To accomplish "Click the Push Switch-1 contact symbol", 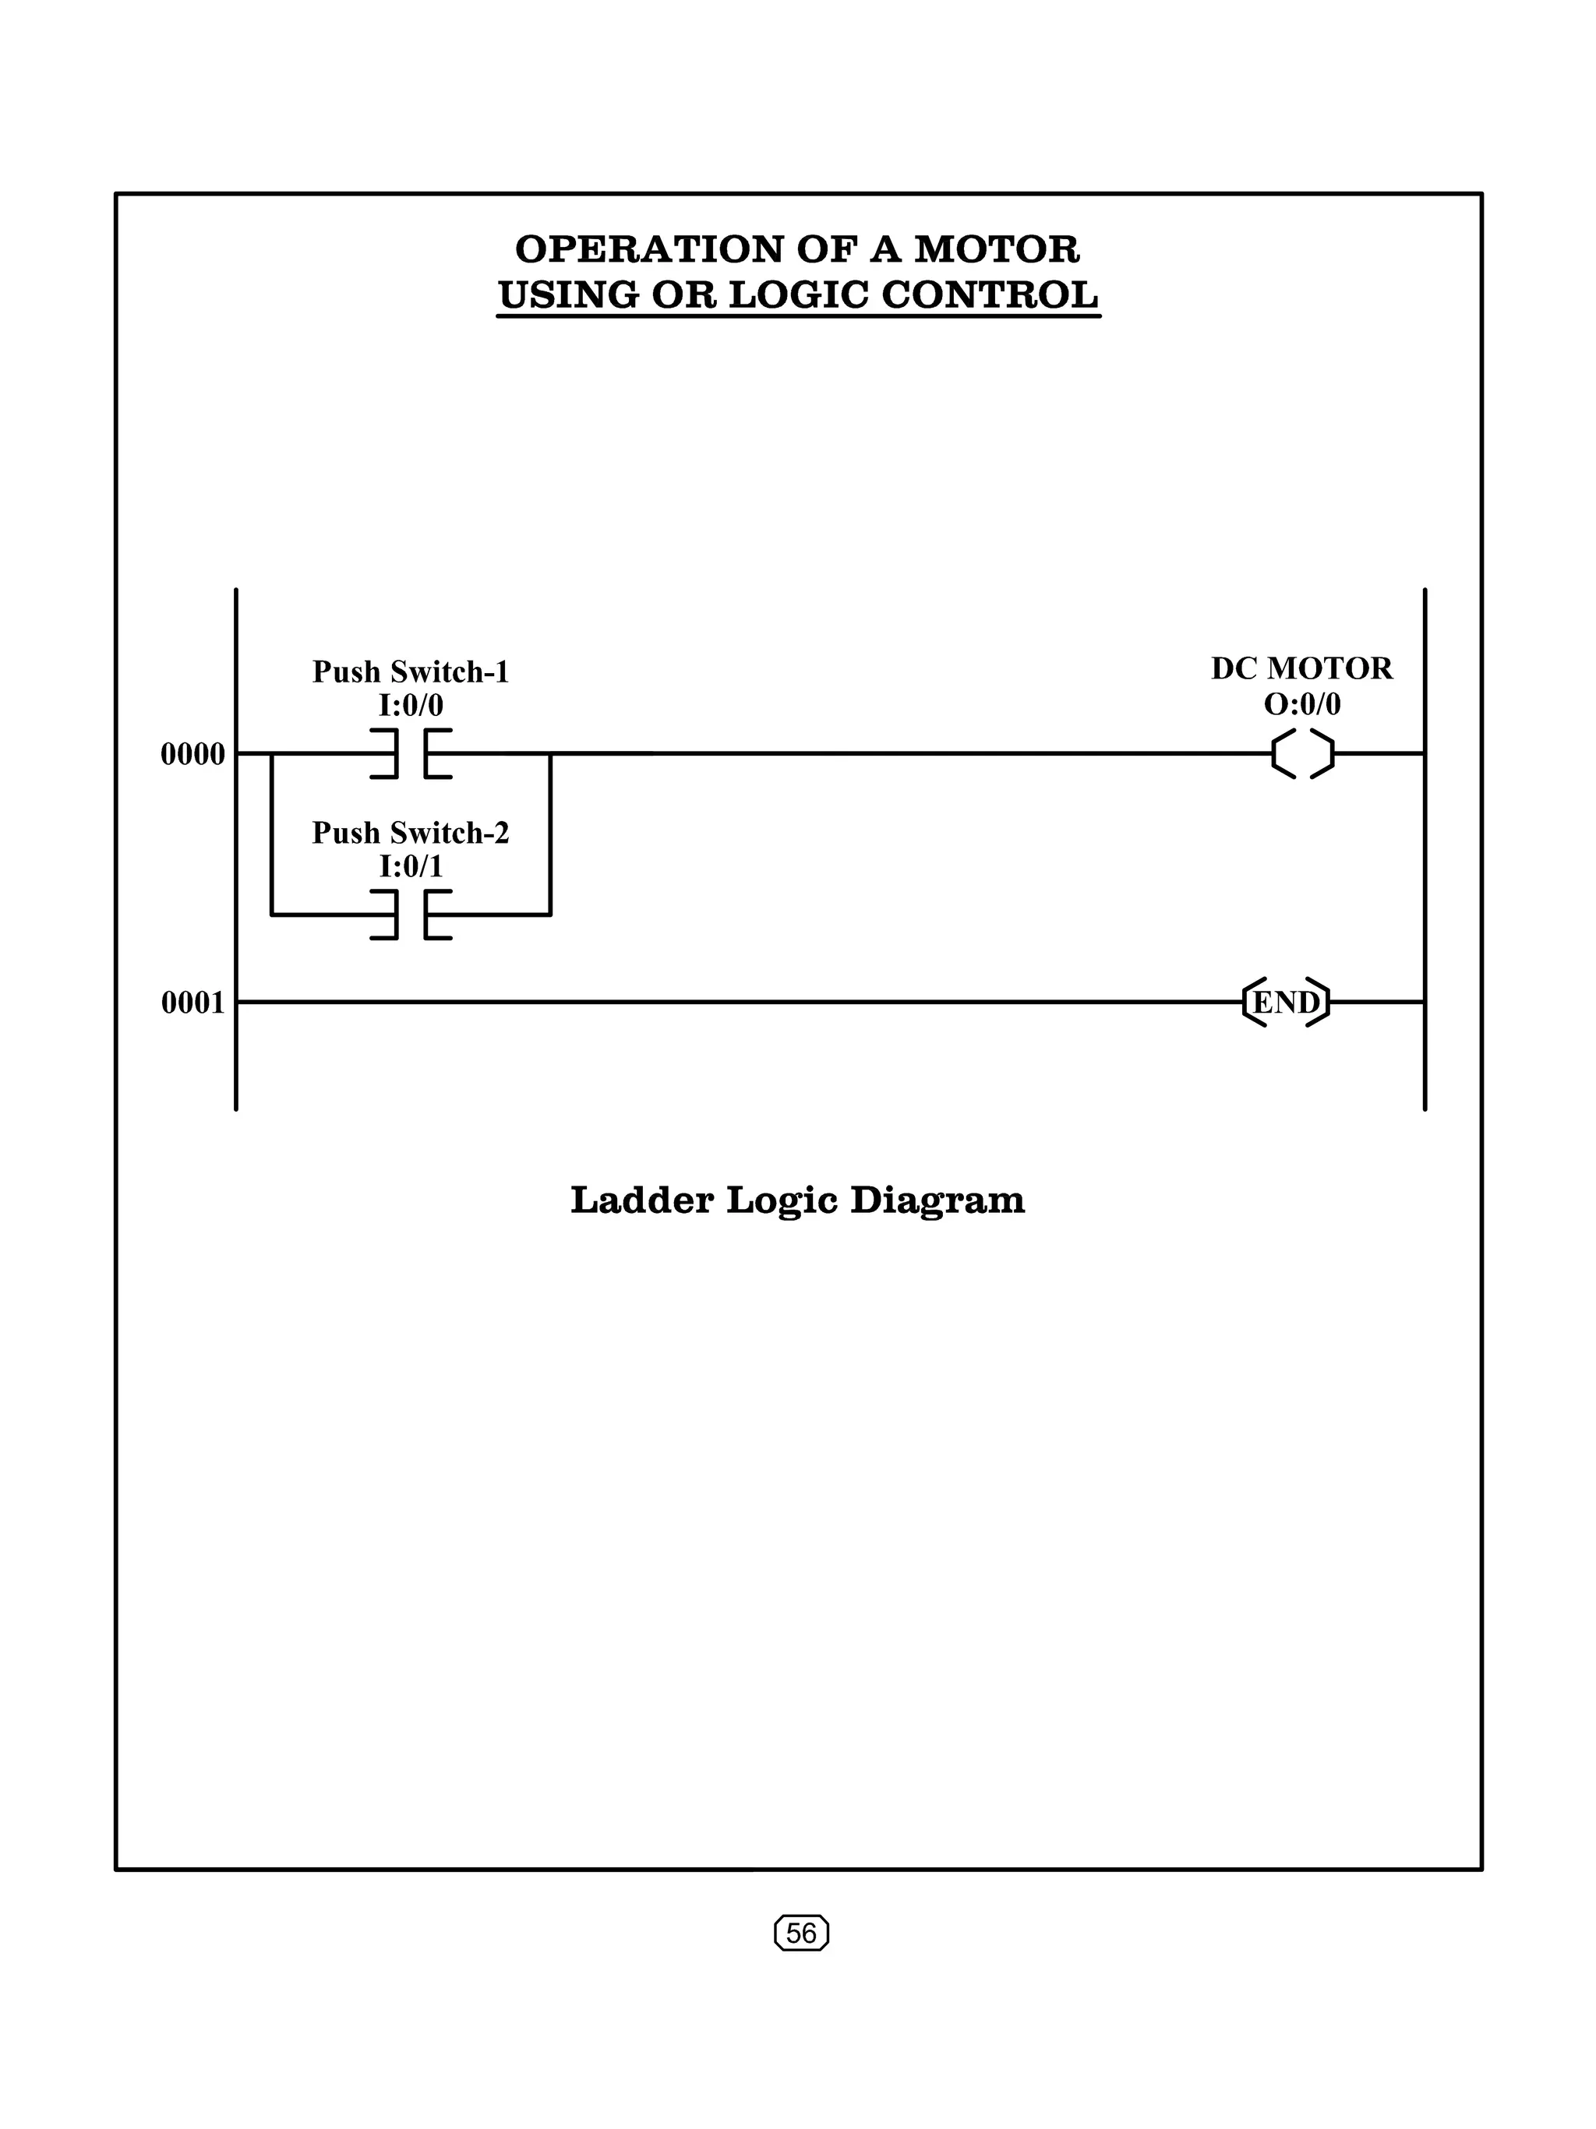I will pos(411,753).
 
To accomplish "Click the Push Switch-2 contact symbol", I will pos(411,915).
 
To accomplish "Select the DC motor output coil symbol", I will pos(1302,753).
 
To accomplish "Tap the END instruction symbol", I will pos(1286,1002).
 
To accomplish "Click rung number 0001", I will pos(192,1003).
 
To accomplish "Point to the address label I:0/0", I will pos(411,706).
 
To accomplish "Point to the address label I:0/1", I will pos(411,866).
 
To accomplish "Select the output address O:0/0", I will pos(1301,703).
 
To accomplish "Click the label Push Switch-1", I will pos(410,671).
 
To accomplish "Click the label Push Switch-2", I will pos(410,833).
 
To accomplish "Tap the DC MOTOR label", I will pos(1301,668).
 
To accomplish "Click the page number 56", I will pos(801,1933).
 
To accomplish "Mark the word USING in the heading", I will pos(568,294).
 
